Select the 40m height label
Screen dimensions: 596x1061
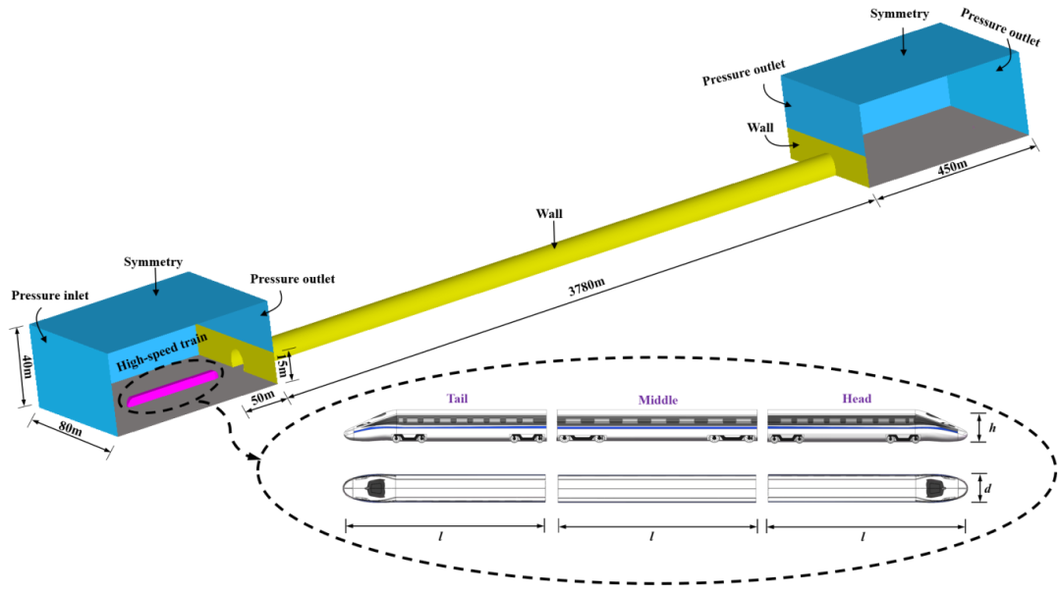click(x=26, y=367)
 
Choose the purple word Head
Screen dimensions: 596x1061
click(x=857, y=399)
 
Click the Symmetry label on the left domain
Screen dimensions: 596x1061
click(x=156, y=263)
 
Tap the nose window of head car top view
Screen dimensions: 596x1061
click(x=933, y=487)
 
